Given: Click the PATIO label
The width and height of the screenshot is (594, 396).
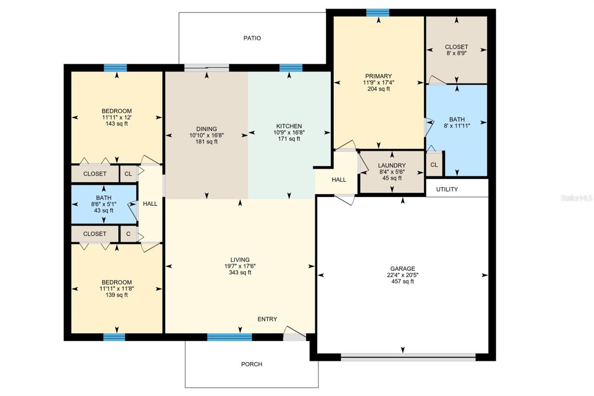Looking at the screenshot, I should (252, 38).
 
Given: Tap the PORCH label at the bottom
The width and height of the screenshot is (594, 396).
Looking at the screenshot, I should (252, 364).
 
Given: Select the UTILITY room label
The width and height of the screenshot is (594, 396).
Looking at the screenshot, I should (447, 189).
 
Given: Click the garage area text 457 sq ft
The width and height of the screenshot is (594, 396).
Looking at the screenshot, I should (402, 281).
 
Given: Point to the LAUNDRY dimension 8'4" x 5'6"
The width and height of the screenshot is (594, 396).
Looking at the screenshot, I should (392, 172).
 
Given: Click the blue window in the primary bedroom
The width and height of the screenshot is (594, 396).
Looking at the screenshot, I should (378, 13).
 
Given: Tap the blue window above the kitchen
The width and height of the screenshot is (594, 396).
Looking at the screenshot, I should (291, 68).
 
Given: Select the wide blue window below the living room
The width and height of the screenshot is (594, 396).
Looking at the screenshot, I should (229, 337).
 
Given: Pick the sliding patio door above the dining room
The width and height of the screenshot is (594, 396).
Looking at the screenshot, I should (207, 68).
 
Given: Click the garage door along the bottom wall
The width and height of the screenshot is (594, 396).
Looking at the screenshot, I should (408, 358).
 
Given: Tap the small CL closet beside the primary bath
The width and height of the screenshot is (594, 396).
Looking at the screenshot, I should (434, 165).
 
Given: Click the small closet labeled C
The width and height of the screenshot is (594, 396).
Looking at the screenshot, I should (128, 234).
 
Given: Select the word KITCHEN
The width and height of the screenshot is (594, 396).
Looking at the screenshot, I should (289, 126).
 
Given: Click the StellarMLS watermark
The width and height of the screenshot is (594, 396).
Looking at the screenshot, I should (577, 198).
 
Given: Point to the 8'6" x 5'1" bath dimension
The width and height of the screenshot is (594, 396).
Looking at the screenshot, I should (104, 204).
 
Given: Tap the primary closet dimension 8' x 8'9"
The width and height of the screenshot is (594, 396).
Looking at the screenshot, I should (456, 53).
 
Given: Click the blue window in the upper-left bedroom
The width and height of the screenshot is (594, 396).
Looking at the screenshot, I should (115, 68).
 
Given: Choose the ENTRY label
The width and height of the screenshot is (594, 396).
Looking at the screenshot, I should (267, 319).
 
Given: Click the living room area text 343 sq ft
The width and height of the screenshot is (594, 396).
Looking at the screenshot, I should (240, 272).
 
